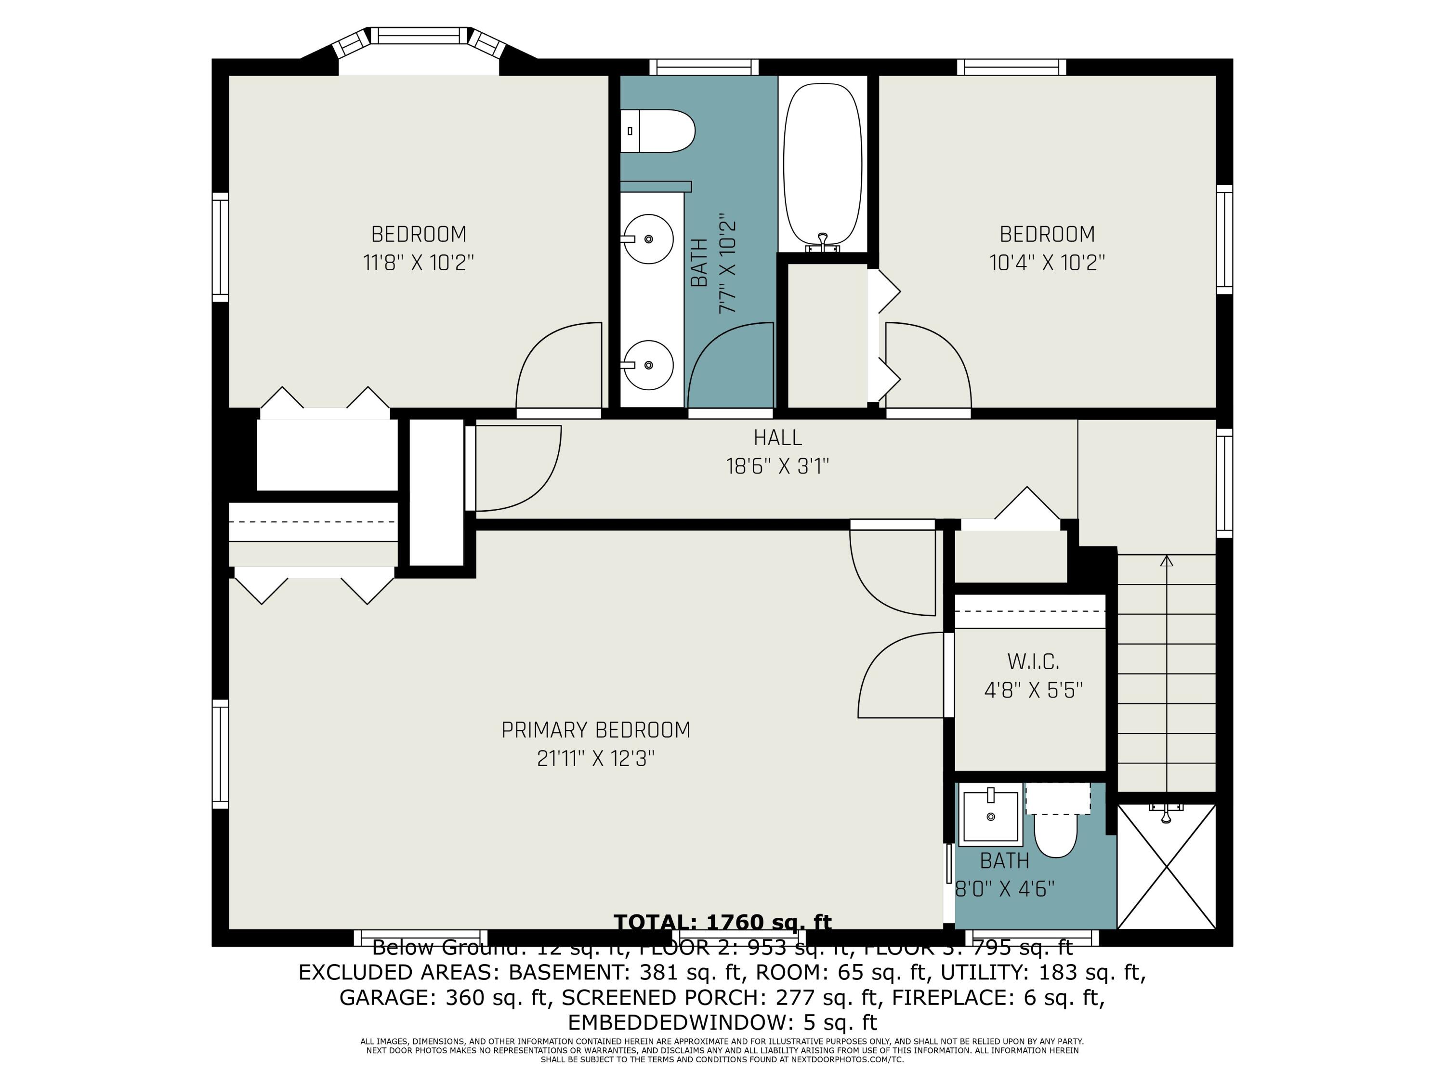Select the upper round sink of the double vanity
[647, 239]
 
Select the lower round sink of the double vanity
[647, 365]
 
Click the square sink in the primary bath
[991, 816]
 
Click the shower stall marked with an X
[1166, 866]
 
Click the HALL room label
[777, 437]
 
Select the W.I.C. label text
[1033, 661]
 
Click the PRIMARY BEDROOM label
[595, 730]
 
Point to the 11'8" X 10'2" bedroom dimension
[418, 263]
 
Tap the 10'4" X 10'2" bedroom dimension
[1047, 263]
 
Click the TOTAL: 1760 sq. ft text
[722, 922]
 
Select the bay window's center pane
[420, 36]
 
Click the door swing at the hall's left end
[516, 467]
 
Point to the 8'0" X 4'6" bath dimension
[1005, 889]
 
